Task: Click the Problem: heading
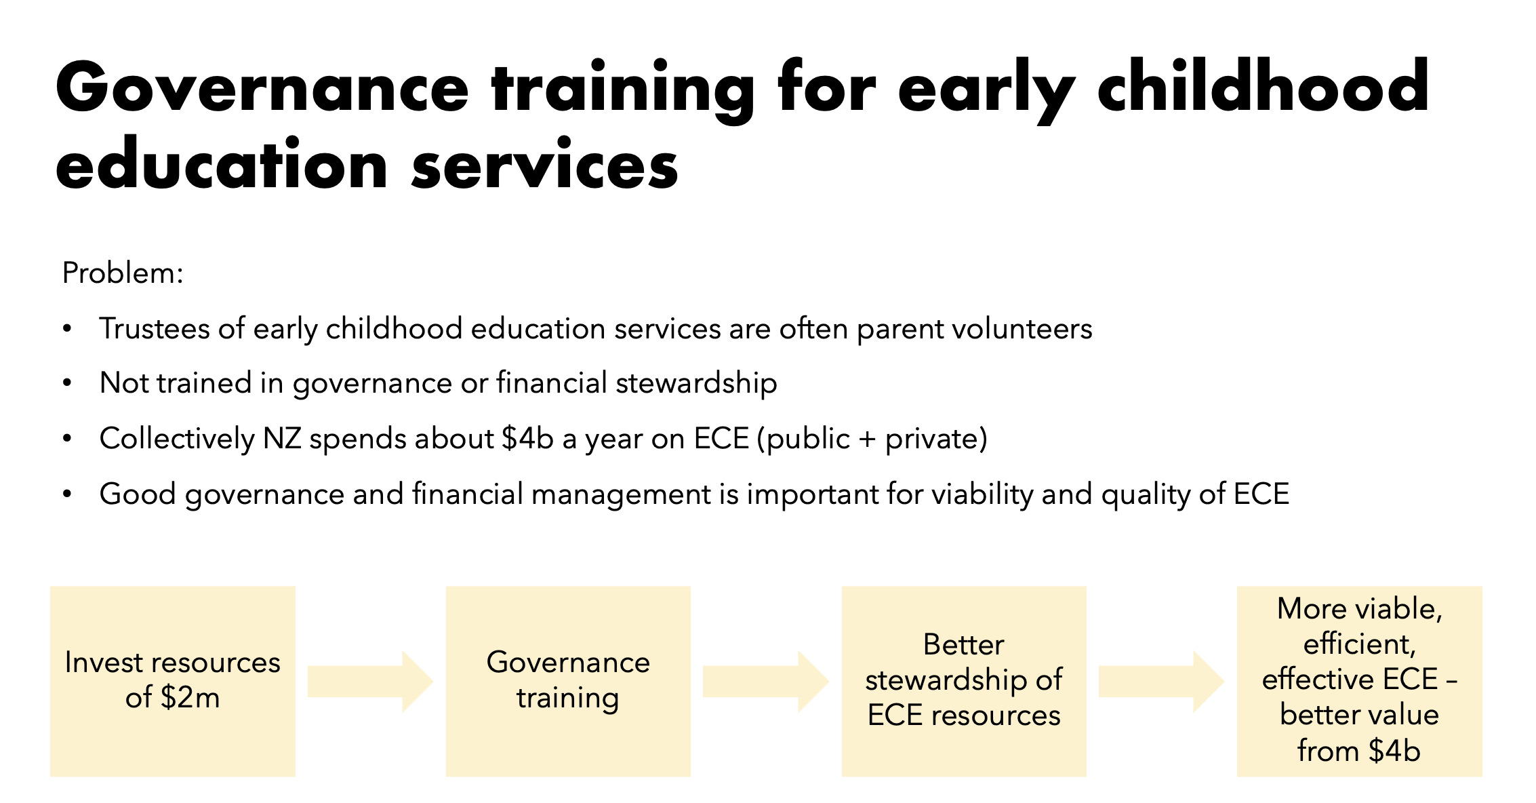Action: [x=123, y=273]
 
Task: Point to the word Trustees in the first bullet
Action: [x=155, y=328]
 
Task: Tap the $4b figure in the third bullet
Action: [x=527, y=438]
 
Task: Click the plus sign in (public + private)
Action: [x=867, y=439]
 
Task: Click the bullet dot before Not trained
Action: [x=66, y=383]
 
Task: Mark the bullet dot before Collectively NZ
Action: [x=66, y=439]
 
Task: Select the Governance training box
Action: [x=568, y=681]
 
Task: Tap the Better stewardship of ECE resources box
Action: [x=964, y=681]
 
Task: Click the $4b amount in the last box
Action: [x=1394, y=751]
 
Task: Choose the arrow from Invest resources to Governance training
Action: [x=370, y=681]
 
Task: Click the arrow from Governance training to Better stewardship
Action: [x=766, y=681]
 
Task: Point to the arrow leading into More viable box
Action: [x=1161, y=681]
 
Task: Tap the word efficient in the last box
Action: [x=1359, y=644]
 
